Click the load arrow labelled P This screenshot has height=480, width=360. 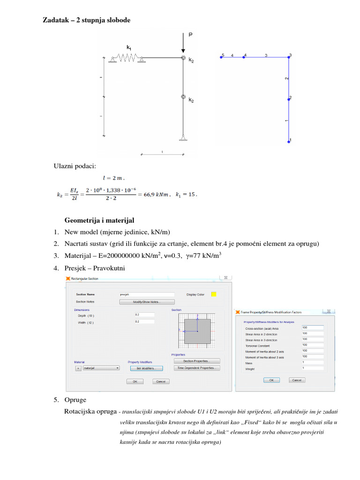point(183,45)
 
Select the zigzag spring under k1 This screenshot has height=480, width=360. point(125,58)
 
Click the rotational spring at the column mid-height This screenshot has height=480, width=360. point(183,97)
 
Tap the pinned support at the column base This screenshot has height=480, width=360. point(183,138)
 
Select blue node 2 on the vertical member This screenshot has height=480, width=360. point(290,98)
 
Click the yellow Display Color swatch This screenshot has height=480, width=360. point(214,294)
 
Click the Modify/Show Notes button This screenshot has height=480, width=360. point(147,302)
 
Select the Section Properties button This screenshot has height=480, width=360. point(196,361)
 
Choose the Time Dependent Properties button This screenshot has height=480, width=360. point(196,368)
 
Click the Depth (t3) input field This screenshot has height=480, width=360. point(144,315)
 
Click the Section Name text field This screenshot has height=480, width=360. point(147,294)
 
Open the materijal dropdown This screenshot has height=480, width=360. point(101,368)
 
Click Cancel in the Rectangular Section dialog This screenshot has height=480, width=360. point(160,382)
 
